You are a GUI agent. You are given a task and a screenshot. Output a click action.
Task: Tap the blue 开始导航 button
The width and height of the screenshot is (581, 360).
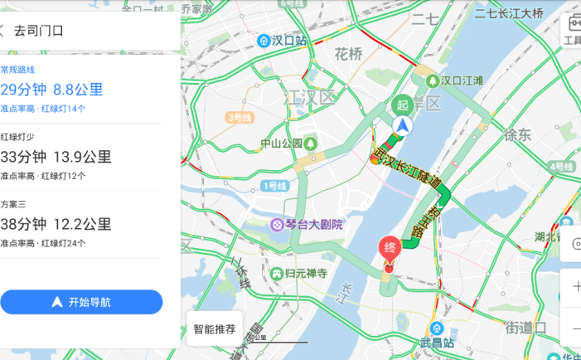click(81, 302)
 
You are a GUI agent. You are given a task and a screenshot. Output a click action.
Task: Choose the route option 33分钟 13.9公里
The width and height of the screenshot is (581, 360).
click(56, 157)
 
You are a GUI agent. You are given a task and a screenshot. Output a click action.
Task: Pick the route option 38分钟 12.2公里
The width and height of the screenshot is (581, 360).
click(56, 224)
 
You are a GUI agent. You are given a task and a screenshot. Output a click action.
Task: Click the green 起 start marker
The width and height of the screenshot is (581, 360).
click(402, 105)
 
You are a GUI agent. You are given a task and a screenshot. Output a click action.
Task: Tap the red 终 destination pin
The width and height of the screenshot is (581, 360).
click(389, 248)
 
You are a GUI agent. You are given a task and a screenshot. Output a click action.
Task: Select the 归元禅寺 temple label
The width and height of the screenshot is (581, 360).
click(299, 273)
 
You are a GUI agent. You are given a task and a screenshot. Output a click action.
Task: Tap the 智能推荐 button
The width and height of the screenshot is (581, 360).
click(215, 328)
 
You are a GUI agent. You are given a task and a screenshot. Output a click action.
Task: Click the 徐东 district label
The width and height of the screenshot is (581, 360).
click(517, 134)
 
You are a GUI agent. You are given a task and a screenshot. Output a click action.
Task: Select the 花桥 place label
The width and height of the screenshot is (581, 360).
click(348, 55)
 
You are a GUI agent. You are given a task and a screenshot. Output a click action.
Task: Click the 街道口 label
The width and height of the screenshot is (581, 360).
click(525, 328)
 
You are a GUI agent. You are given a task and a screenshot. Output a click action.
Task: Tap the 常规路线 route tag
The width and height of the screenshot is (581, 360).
click(18, 69)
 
